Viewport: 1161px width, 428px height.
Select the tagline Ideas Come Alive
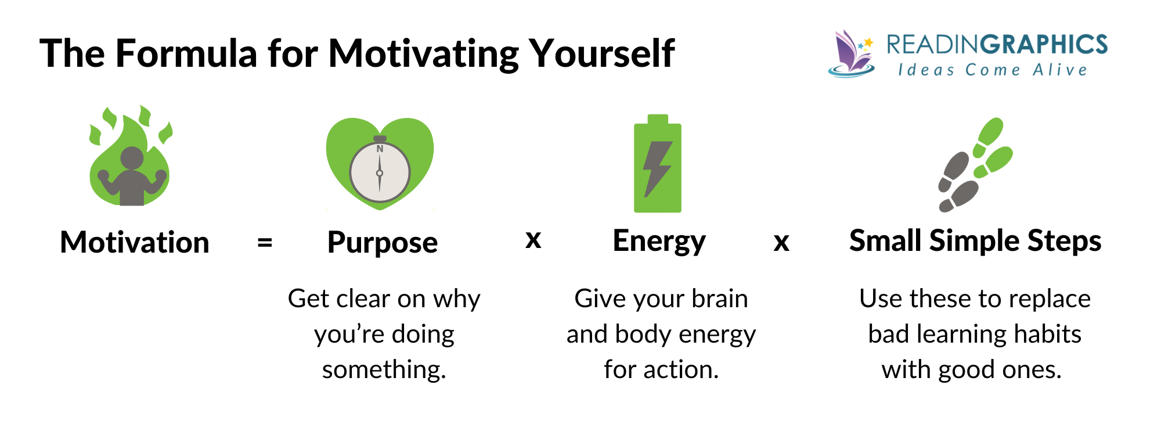coord(993,70)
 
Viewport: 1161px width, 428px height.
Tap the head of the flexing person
coord(132,158)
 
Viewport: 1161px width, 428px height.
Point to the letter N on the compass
coord(380,149)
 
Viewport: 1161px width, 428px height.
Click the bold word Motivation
coord(135,242)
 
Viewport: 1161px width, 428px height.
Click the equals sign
coord(265,242)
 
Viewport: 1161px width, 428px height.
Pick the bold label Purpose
coord(382,242)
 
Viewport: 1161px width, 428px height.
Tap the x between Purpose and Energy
coord(533,240)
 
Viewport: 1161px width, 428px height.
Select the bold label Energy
coord(659,241)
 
